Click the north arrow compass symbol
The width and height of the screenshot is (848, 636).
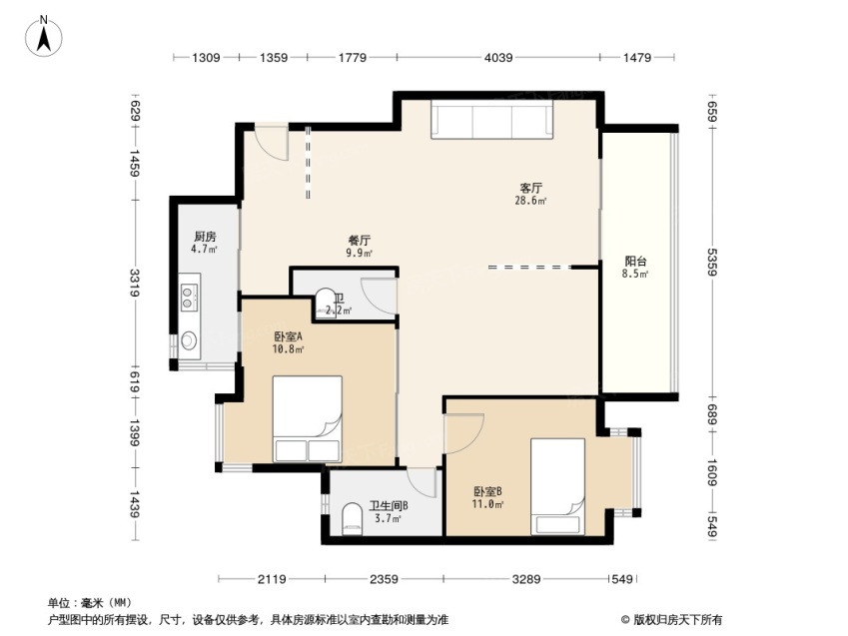(44, 37)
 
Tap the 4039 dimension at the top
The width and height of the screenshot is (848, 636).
(498, 57)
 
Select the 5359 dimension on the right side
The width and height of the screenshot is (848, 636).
(712, 262)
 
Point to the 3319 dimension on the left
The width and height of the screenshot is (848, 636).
(134, 283)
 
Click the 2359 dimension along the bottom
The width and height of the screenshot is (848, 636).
(384, 579)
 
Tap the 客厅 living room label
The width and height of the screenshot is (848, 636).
(530, 188)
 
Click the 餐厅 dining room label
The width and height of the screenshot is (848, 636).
(360, 240)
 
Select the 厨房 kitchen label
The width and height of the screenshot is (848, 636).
(205, 237)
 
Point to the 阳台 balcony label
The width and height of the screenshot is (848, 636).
(635, 262)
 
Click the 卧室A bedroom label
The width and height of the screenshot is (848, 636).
(288, 336)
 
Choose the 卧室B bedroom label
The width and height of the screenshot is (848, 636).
(487, 491)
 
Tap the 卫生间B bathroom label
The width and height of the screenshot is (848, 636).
(389, 505)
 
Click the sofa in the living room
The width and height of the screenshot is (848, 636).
(492, 120)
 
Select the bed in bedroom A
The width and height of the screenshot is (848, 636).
(308, 419)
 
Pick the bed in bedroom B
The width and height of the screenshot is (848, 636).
(557, 486)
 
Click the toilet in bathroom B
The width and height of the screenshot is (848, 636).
(352, 520)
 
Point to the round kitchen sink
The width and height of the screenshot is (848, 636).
(188, 340)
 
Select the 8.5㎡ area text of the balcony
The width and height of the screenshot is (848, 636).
(635, 274)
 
